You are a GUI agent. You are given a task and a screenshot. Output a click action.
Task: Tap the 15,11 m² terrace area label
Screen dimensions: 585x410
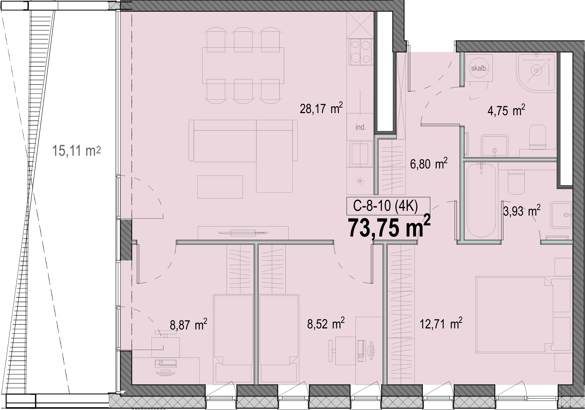point(76,151)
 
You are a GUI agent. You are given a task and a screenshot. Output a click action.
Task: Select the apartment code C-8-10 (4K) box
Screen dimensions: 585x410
point(388,206)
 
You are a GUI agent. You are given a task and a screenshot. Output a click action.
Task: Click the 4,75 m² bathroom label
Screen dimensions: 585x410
point(506,110)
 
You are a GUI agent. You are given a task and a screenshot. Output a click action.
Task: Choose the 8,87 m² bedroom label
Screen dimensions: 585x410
point(188,324)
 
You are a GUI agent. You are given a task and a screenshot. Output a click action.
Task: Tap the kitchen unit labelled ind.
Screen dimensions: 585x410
point(360,127)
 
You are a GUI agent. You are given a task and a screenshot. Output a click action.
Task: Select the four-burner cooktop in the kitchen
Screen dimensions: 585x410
point(361,52)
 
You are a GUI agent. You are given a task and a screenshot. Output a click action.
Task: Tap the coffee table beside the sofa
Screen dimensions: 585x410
point(220,187)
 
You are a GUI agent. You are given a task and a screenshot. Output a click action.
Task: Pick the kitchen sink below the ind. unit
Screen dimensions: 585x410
point(360,154)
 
